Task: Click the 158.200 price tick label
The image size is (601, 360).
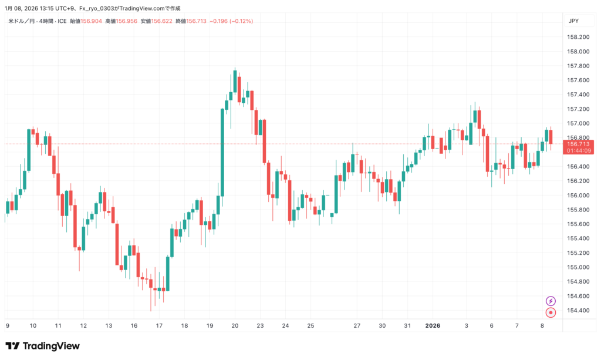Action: point(578,37)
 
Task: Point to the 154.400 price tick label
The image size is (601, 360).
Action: point(578,311)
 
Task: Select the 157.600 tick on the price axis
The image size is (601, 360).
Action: point(578,80)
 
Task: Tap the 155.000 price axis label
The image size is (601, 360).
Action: point(578,267)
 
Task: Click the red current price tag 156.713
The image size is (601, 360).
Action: point(578,144)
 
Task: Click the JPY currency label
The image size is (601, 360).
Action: point(573,21)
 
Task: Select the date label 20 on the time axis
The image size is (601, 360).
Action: point(235,325)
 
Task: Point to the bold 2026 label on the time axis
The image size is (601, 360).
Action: point(432,325)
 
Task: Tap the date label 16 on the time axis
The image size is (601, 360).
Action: point(134,325)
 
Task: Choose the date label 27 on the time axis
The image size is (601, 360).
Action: point(356,325)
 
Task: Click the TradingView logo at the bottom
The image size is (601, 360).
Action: point(42,346)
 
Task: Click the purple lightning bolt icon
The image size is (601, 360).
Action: point(551,301)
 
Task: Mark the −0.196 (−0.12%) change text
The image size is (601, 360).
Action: point(231,21)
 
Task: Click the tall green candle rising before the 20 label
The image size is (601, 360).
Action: point(222,153)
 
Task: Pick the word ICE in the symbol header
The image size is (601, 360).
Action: point(62,21)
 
